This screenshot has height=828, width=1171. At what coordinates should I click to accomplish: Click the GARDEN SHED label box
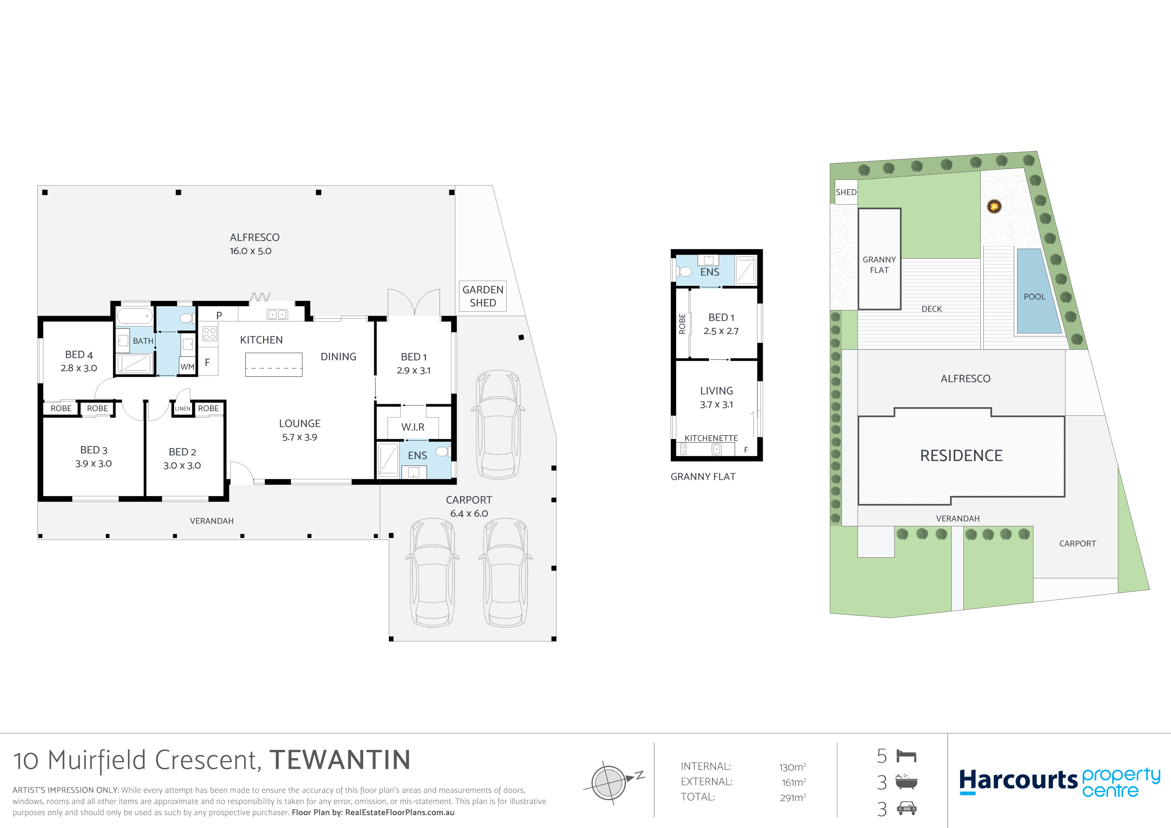pyautogui.click(x=482, y=296)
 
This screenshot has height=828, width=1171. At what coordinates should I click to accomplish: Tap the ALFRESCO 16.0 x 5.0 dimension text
pyautogui.click(x=250, y=251)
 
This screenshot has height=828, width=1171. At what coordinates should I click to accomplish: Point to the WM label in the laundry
pyautogui.click(x=187, y=366)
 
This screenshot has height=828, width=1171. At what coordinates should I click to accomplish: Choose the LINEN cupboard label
pyautogui.click(x=183, y=408)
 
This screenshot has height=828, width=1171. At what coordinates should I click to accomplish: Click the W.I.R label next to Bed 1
pyautogui.click(x=413, y=427)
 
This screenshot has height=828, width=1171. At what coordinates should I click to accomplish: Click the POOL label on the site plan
pyautogui.click(x=1034, y=297)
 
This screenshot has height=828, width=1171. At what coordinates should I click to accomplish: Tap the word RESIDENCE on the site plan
pyautogui.click(x=961, y=455)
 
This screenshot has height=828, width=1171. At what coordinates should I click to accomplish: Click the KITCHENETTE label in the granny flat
pyautogui.click(x=711, y=438)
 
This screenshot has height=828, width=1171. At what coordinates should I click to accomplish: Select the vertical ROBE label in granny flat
pyautogui.click(x=682, y=324)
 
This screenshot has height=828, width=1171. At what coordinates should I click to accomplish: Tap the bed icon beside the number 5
pyautogui.click(x=906, y=756)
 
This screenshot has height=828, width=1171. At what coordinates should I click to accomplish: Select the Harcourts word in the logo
pyautogui.click(x=1018, y=781)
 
